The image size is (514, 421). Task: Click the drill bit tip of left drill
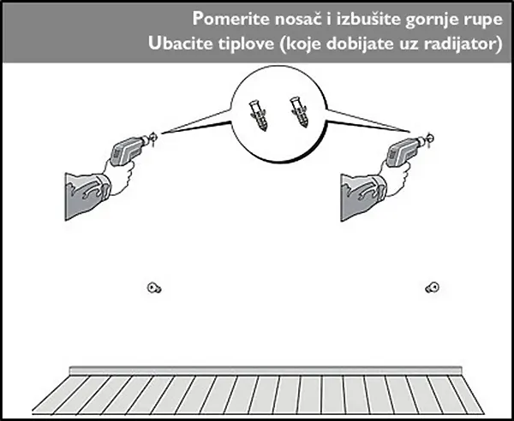154,133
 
